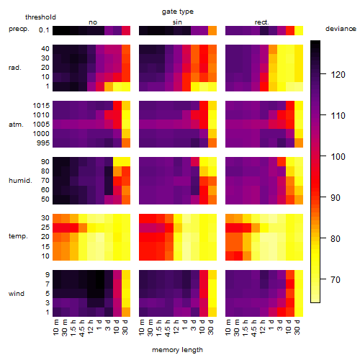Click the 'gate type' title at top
[x=178, y=12]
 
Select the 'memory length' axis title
[x=178, y=350]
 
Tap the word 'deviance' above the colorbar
[x=341, y=29]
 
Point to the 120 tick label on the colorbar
[x=338, y=75]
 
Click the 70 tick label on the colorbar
[x=336, y=279]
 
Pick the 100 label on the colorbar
[x=338, y=157]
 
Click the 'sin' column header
[x=177, y=22]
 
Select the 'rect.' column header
[x=262, y=22]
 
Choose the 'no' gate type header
[x=93, y=22]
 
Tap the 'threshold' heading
[x=40, y=17]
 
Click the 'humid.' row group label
[x=20, y=181]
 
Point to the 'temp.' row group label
[x=18, y=236]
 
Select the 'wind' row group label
[x=17, y=294]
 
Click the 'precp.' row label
[x=19, y=29]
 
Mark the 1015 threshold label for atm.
[x=41, y=106]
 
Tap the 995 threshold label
[x=43, y=143]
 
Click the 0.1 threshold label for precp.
[x=44, y=30]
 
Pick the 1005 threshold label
[x=41, y=125]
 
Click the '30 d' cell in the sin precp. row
[x=212, y=31]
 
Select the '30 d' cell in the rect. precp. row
[x=299, y=31]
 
